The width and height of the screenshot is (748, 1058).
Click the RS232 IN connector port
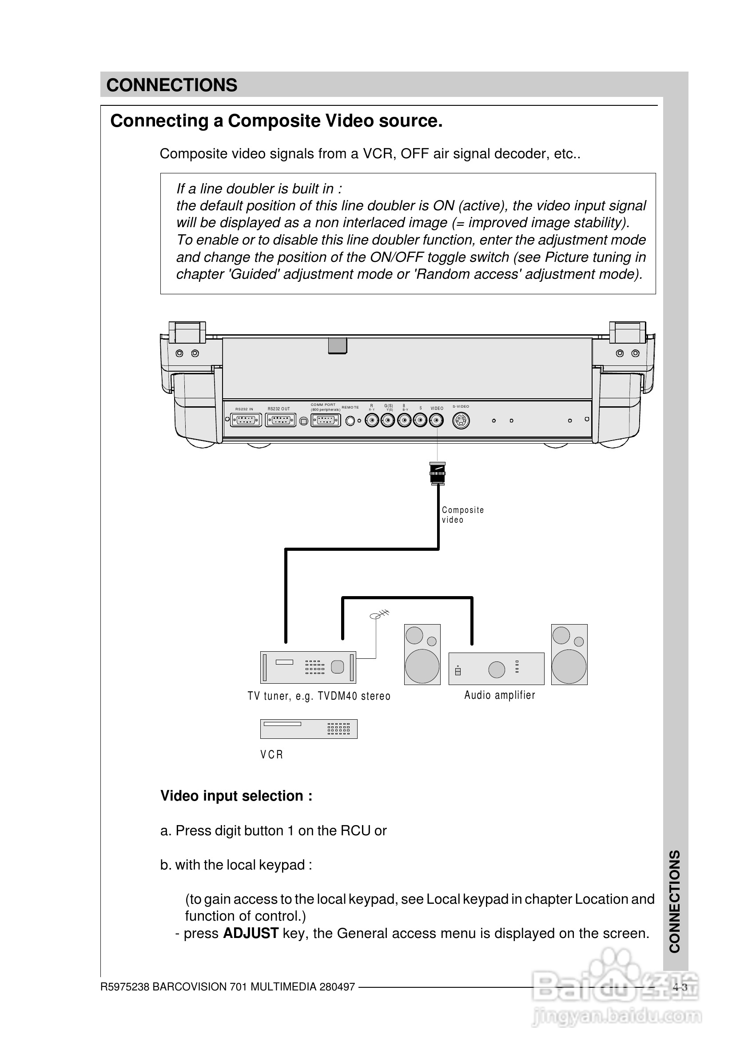pyautogui.click(x=246, y=420)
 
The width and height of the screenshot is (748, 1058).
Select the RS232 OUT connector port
pyautogui.click(x=281, y=420)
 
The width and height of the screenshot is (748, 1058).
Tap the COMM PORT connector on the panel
pyautogui.click(x=326, y=420)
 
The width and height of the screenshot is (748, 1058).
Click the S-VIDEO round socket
pyautogui.click(x=461, y=421)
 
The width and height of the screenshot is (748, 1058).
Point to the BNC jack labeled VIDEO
pyautogui.click(x=436, y=420)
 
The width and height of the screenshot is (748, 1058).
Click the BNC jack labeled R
pyautogui.click(x=372, y=420)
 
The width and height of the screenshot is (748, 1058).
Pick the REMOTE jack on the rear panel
pyautogui.click(x=350, y=421)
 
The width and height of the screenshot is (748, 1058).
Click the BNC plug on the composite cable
pyautogui.click(x=437, y=473)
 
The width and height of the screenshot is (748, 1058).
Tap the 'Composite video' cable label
pyautogui.click(x=462, y=514)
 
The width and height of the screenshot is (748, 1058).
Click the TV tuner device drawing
pyautogui.click(x=308, y=667)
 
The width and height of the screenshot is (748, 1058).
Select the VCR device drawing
pyautogui.click(x=309, y=729)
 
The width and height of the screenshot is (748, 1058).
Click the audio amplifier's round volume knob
pyautogui.click(x=496, y=669)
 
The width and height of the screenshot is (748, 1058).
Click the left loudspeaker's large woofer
pyautogui.click(x=422, y=666)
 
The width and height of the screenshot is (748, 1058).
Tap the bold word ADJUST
pyautogui.click(x=251, y=934)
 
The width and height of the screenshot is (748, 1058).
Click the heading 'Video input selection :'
pyautogui.click(x=236, y=796)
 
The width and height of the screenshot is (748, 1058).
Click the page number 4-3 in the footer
pyautogui.click(x=679, y=987)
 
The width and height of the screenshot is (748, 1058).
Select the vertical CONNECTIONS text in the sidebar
pyautogui.click(x=675, y=901)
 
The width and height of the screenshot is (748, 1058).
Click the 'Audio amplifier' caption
pyautogui.click(x=499, y=695)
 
